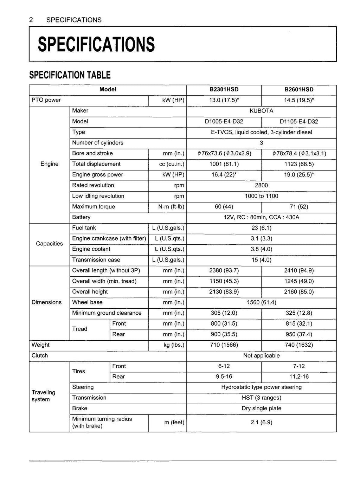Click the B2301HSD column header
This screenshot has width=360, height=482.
(x=224, y=90)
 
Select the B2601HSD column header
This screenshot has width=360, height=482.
(x=299, y=90)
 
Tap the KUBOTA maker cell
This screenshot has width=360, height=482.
(x=261, y=111)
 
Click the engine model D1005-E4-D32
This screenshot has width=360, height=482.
(x=224, y=122)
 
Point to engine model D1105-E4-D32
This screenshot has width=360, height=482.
(x=299, y=122)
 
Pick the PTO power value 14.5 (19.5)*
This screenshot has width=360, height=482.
(x=299, y=100)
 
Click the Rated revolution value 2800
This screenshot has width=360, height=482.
(x=261, y=185)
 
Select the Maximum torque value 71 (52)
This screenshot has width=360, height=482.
(x=299, y=207)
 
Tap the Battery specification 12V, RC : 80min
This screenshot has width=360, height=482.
(x=261, y=217)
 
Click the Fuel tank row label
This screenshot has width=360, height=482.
(x=84, y=228)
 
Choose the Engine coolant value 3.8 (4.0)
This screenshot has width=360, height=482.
(x=261, y=249)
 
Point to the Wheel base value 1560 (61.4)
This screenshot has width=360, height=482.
(x=261, y=302)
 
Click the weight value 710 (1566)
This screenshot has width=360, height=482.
(x=224, y=345)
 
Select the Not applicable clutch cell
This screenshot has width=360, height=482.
(x=261, y=355)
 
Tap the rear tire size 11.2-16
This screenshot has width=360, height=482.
(x=299, y=377)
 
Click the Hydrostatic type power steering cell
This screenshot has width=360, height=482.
(x=261, y=387)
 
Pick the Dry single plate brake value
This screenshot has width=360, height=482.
(x=261, y=409)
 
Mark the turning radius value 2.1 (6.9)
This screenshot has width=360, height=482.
(x=261, y=422)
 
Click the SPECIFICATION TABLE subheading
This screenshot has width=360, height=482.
(x=70, y=75)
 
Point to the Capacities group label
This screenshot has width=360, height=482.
(x=50, y=244)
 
